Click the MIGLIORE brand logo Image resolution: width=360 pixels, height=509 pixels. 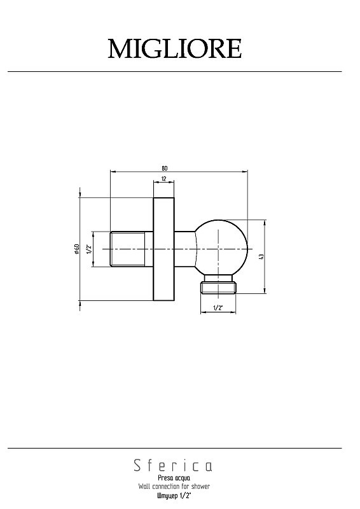pyautogui.click(x=175, y=49)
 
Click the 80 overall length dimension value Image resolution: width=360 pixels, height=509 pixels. pyautogui.click(x=165, y=168)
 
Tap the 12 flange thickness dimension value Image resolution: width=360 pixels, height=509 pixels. pyautogui.click(x=163, y=179)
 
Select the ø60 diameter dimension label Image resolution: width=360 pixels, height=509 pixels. pyautogui.click(x=76, y=248)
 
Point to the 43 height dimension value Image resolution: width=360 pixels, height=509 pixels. pyautogui.click(x=261, y=256)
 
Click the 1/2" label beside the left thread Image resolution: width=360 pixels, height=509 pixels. pyautogui.click(x=89, y=249)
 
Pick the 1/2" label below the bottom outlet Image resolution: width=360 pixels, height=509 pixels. pyautogui.click(x=218, y=307)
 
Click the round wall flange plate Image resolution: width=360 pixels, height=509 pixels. pyautogui.click(x=163, y=249)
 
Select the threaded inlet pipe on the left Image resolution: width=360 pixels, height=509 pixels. pyautogui.click(x=132, y=249)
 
